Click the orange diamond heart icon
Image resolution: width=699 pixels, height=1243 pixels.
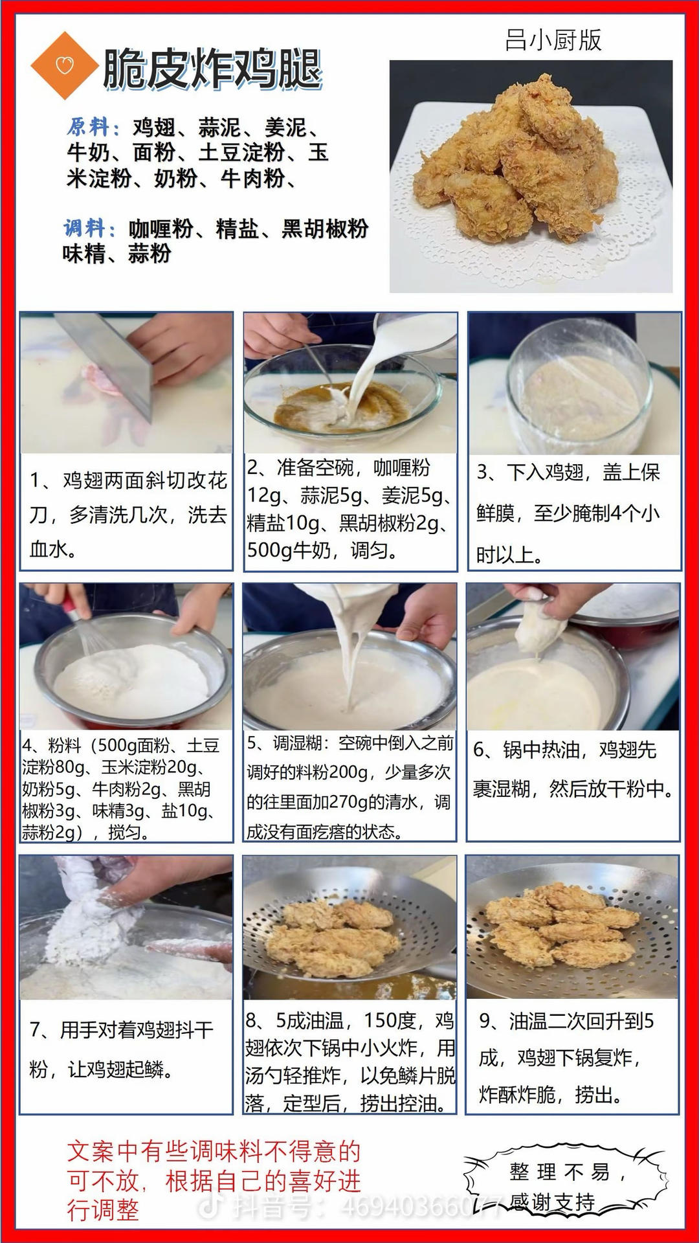pyautogui.click(x=63, y=65)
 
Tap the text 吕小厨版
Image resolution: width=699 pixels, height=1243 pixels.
pyautogui.click(x=553, y=40)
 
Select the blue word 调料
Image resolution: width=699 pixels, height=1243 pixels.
pyautogui.click(x=89, y=228)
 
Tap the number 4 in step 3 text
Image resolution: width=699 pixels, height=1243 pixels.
pyautogui.click(x=616, y=513)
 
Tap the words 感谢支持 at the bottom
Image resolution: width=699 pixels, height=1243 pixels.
pyautogui.click(x=552, y=1202)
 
